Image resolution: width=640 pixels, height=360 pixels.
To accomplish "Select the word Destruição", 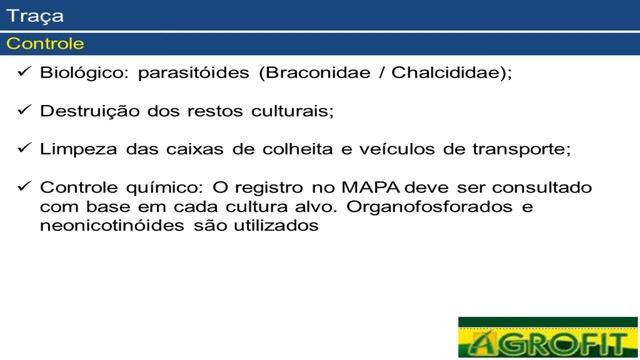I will pyautogui.click(x=88, y=110).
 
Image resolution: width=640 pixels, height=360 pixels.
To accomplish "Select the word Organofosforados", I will pyautogui.click(x=426, y=206).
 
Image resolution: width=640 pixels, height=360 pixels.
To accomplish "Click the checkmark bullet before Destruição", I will pyautogui.click(x=25, y=110).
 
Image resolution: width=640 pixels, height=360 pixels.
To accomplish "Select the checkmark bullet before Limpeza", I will pyautogui.click(x=25, y=148).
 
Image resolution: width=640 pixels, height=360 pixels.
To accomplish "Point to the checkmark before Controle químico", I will pyautogui.click(x=25, y=187).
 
